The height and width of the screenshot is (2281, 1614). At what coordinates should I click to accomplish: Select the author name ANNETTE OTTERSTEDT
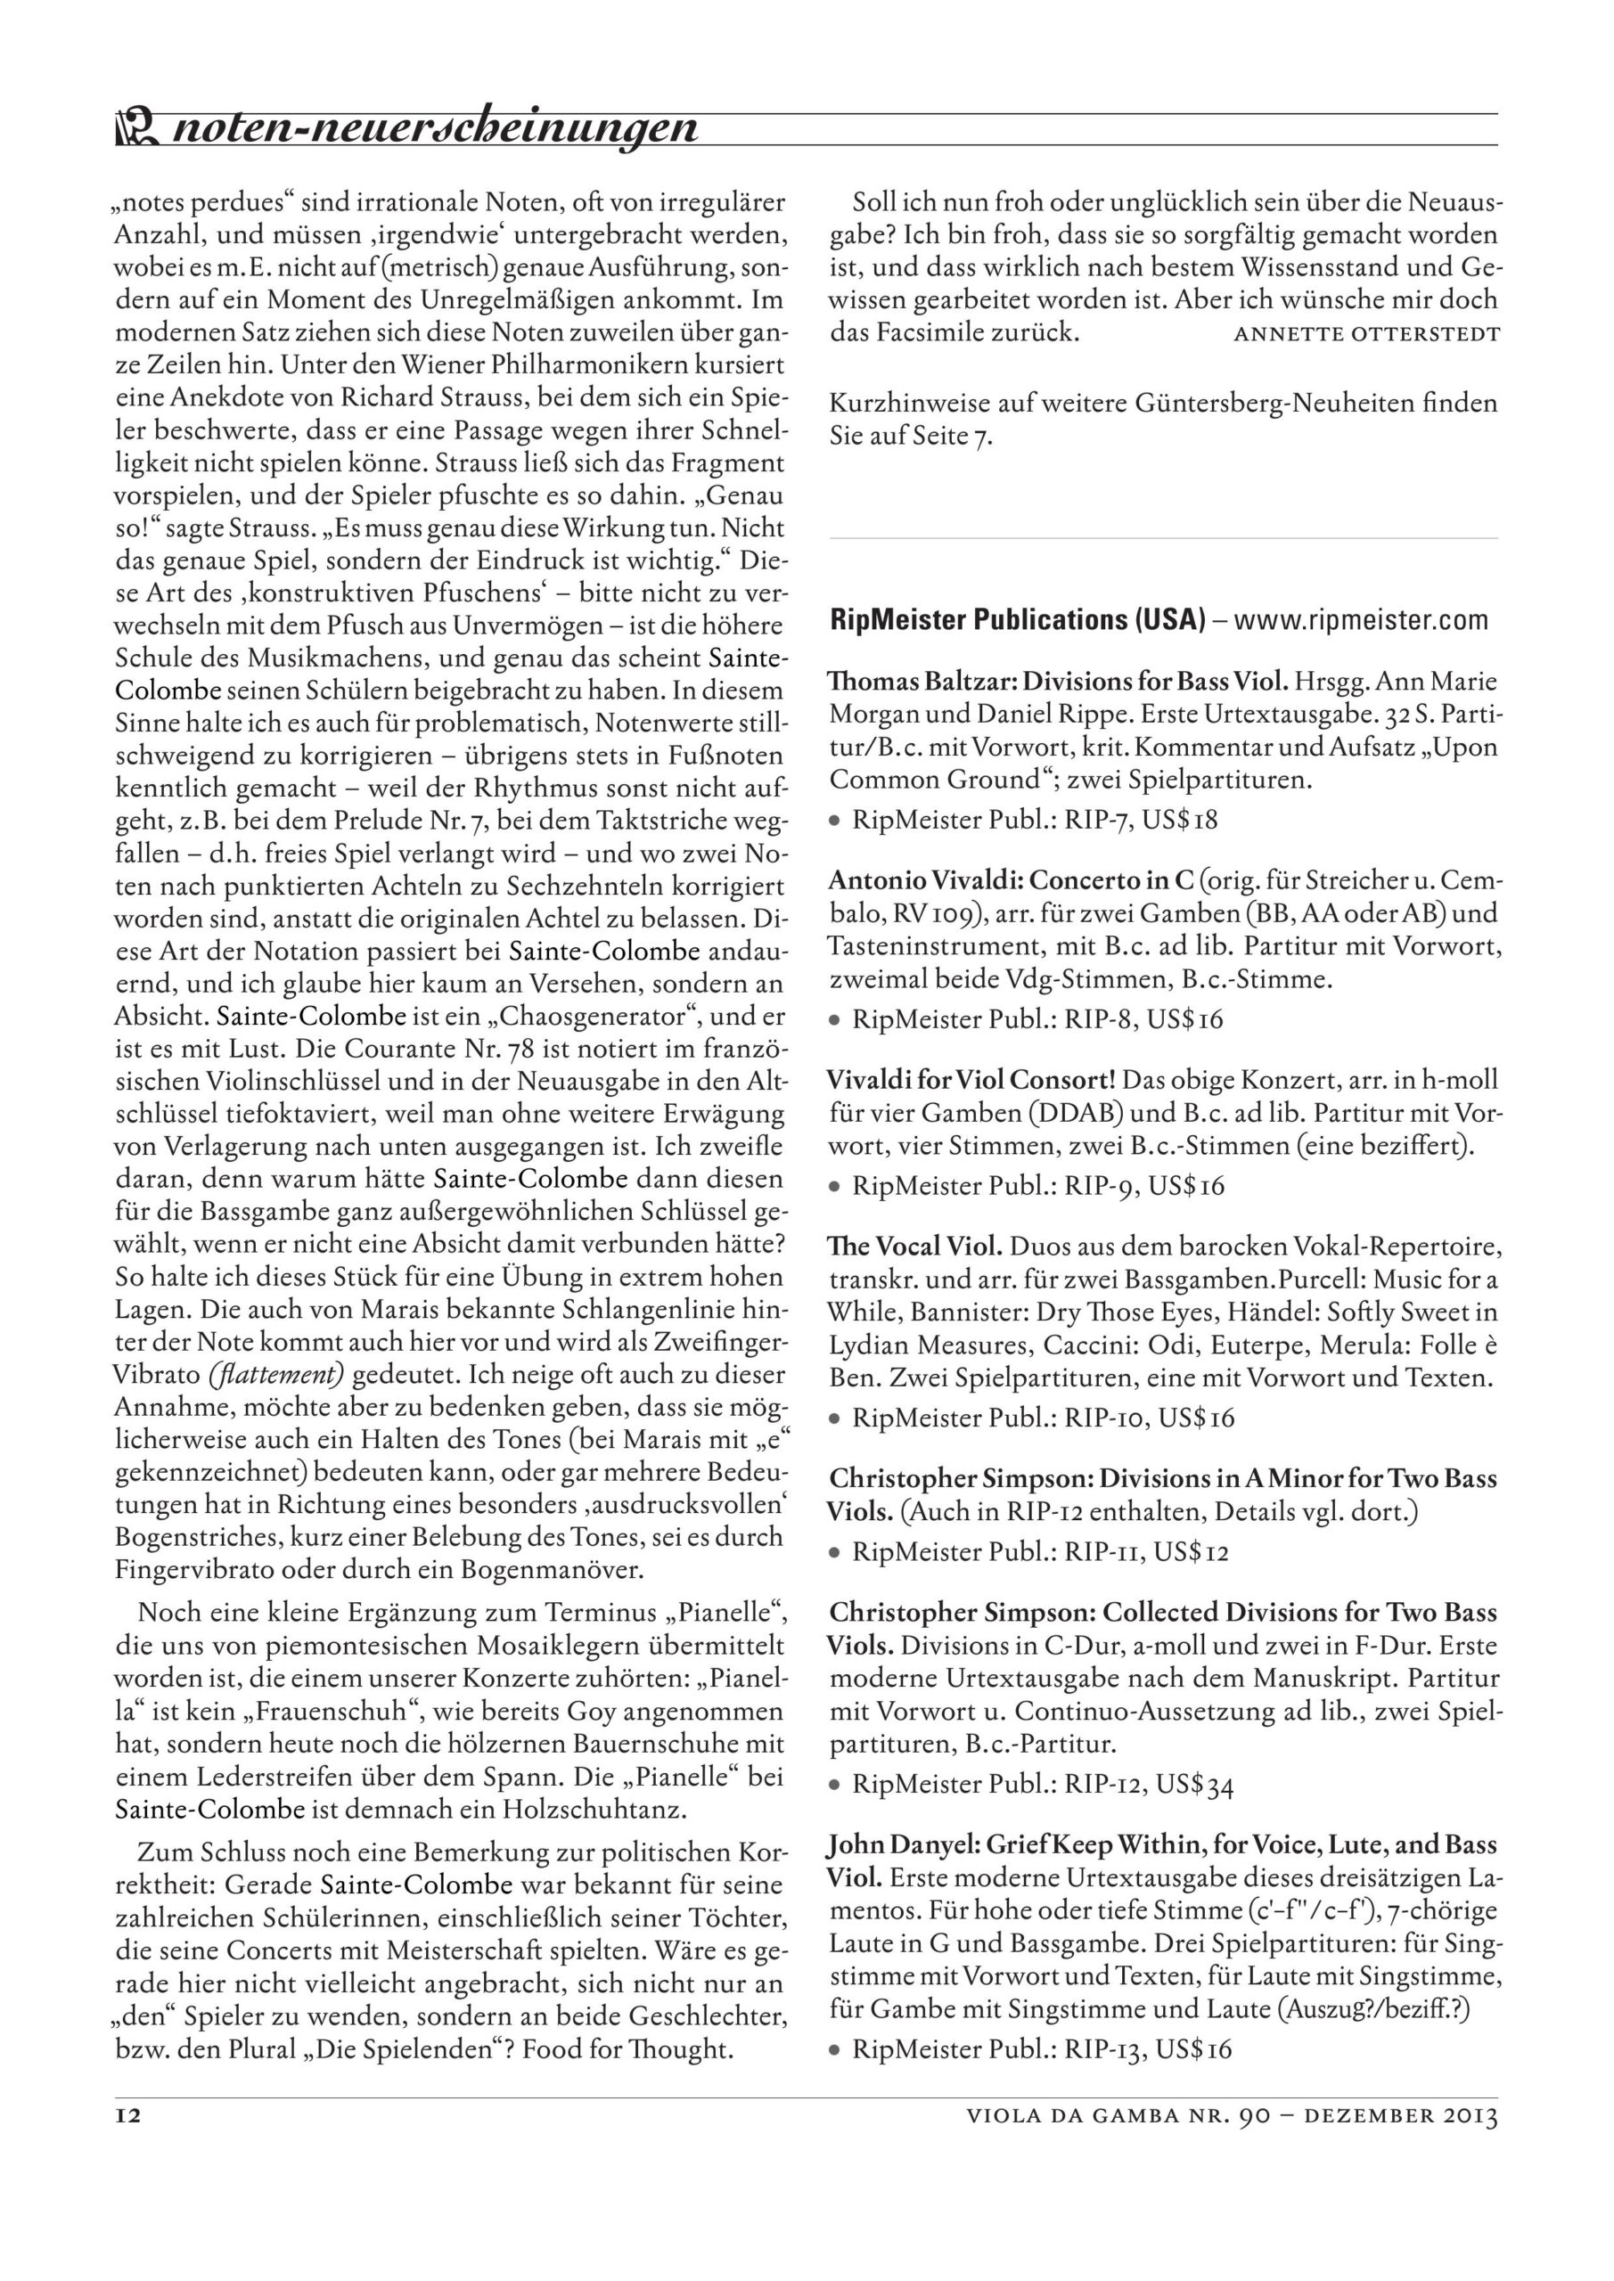pyautogui.click(x=1365, y=334)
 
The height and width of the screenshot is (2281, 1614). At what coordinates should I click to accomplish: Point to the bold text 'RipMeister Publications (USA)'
pyautogui.click(x=1017, y=621)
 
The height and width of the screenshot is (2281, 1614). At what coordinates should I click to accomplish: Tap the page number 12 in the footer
pyautogui.click(x=128, y=2143)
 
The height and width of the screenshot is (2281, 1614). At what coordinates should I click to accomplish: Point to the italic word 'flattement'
pyautogui.click(x=276, y=1375)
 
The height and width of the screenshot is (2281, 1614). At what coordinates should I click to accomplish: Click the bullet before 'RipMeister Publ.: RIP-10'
pyautogui.click(x=837, y=1418)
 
